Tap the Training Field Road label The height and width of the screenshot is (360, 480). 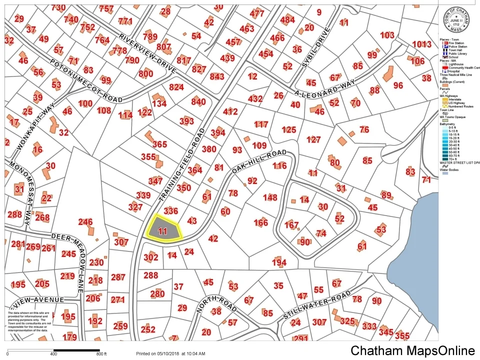pos(183,165)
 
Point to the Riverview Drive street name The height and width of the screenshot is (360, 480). pos(147,53)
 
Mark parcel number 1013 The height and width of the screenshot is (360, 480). pos(421,44)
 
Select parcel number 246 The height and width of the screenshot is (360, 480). pos(85,221)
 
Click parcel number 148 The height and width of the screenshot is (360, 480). pos(269,197)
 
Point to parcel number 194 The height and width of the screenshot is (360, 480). pos(279,262)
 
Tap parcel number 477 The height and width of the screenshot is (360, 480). pos(256,13)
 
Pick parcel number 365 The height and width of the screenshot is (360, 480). pos(159,144)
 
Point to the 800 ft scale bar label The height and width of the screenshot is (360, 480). pos(101,354)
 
